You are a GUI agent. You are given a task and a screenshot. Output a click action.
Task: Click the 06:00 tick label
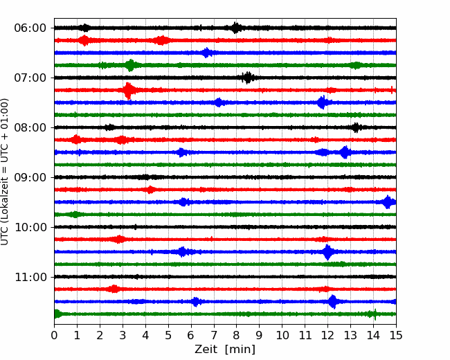coord(30,28)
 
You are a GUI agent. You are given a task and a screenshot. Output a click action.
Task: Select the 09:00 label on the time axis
coord(30,177)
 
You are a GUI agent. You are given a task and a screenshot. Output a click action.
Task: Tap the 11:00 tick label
coord(30,277)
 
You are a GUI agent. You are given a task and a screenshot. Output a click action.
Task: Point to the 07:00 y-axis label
coord(30,78)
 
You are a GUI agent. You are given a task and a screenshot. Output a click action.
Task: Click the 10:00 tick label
coord(30,227)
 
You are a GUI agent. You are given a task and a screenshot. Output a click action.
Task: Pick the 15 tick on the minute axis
coord(396,335)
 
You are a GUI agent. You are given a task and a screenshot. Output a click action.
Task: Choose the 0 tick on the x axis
coord(54,335)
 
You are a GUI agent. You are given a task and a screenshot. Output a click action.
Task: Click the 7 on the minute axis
coord(214,335)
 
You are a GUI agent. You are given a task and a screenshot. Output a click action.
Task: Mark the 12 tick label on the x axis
coord(327,335)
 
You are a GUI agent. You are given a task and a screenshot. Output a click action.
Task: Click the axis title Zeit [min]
coord(225,350)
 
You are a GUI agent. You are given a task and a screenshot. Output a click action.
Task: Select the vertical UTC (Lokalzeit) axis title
coord(4,172)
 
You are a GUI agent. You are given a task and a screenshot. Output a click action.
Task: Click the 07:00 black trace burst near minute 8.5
coord(248,78)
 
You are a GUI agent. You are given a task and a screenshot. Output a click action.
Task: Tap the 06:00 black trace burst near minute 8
coord(235,28)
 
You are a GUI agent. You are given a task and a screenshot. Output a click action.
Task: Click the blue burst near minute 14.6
coord(388,202)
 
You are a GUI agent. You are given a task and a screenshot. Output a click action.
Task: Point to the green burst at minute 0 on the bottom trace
coord(57,314)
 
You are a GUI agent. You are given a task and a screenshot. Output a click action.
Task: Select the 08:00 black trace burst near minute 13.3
coord(356,127)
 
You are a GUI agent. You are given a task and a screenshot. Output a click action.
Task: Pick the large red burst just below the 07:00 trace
coord(128,91)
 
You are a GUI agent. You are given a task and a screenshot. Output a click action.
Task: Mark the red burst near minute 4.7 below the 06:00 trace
coord(162,40)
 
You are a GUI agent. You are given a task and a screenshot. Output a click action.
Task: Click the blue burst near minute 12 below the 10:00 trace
coord(327,252)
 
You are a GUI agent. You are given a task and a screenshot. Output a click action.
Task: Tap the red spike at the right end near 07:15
coord(392,90)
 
